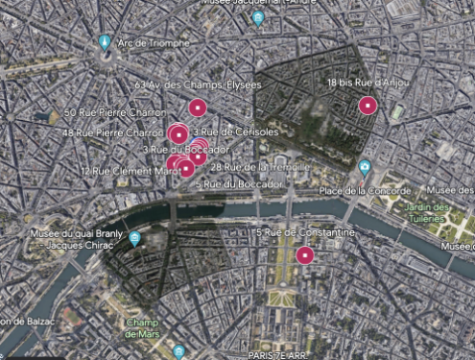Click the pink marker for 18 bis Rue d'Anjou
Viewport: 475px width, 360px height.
pos(366,105)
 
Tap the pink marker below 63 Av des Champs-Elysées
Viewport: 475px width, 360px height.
pos(197,107)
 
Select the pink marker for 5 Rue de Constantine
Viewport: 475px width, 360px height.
pos(304,254)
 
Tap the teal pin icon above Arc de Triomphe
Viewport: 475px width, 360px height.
pos(105,43)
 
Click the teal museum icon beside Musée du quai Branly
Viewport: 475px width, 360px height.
pos(135,238)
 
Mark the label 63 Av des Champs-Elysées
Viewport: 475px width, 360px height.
pos(199,85)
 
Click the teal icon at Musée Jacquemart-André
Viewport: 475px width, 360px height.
pos(258,18)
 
